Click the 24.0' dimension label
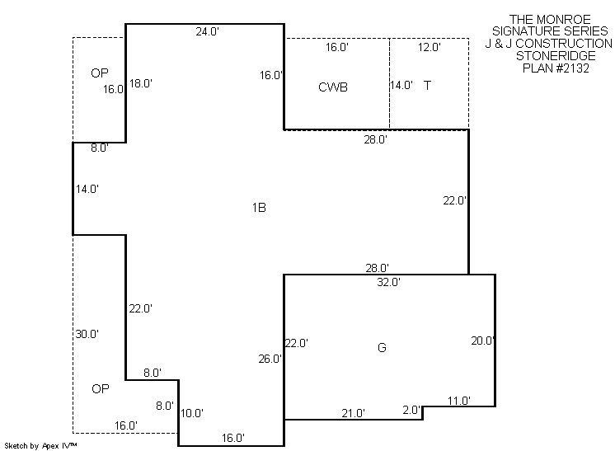(207, 31)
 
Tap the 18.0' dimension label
(141, 83)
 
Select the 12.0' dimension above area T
(429, 47)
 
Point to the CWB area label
(333, 87)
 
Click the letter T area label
(428, 85)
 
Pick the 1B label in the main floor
(259, 208)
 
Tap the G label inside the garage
(382, 347)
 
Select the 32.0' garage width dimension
(388, 282)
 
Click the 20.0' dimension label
(482, 341)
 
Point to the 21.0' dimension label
(353, 413)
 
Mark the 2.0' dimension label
(411, 410)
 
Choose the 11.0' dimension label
(459, 401)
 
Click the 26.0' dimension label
(270, 359)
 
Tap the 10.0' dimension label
(192, 413)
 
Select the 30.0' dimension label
(87, 334)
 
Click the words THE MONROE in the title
(550, 19)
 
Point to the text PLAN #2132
(556, 68)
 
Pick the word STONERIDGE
(556, 56)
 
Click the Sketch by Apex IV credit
(40, 445)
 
